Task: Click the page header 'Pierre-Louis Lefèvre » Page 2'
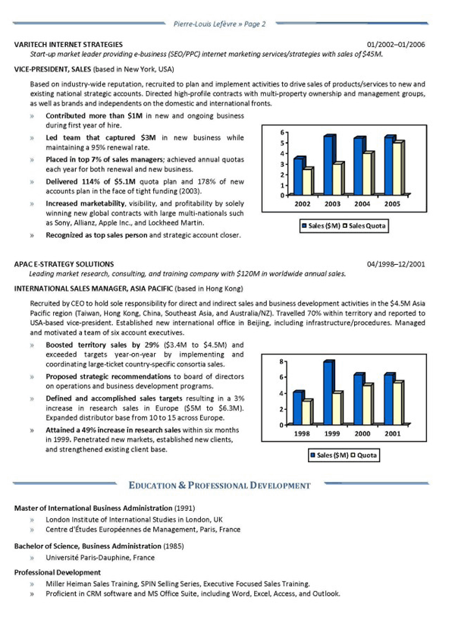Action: (219, 24)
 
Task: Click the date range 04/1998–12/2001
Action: (396, 264)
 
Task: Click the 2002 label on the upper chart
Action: (303, 205)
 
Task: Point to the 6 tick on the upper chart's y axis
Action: (282, 132)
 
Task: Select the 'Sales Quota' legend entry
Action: (368, 225)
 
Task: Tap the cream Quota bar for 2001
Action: (397, 402)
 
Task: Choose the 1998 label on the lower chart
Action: (303, 433)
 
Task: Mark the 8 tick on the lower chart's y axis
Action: (282, 361)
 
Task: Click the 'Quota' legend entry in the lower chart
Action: (366, 455)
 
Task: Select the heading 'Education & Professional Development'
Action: (219, 484)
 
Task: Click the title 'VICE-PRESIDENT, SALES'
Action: (56, 69)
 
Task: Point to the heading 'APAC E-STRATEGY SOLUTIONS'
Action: (64, 264)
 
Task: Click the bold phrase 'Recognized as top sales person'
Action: (96, 236)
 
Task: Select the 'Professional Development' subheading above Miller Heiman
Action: (57, 571)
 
